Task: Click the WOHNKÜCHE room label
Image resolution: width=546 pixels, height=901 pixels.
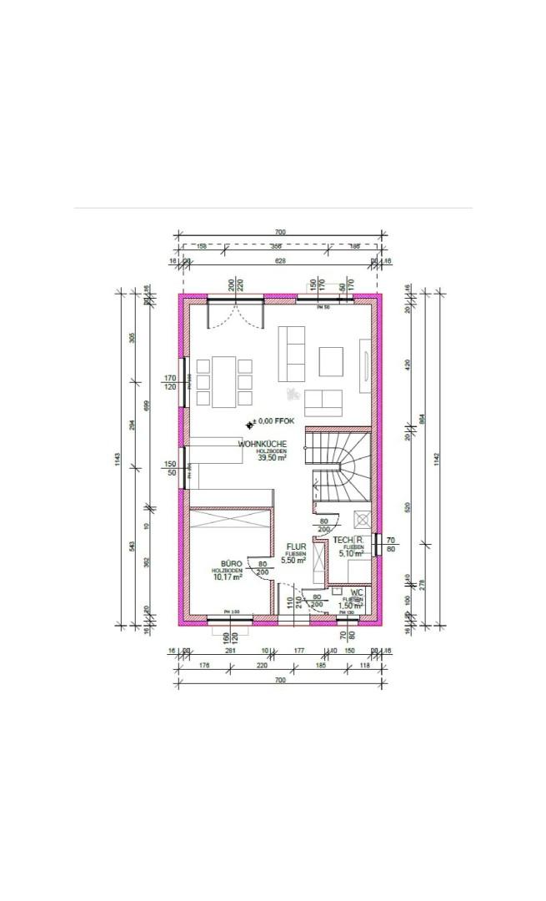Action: pyautogui.click(x=263, y=444)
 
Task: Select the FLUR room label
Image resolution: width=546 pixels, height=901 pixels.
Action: pyautogui.click(x=296, y=547)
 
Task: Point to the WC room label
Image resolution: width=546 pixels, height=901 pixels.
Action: pyautogui.click(x=356, y=591)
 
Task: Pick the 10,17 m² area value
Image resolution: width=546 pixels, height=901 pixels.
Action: pyautogui.click(x=228, y=576)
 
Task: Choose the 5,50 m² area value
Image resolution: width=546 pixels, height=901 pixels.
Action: pyautogui.click(x=293, y=561)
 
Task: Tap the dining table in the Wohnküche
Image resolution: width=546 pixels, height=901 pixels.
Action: pyautogui.click(x=223, y=381)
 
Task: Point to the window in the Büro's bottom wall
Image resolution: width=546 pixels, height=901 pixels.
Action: pyautogui.click(x=229, y=618)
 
